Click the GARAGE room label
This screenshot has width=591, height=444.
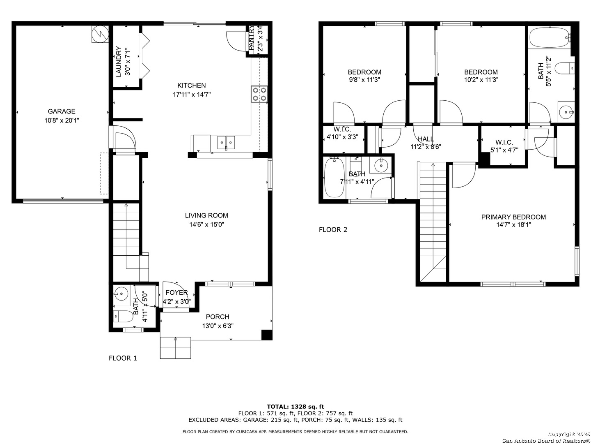pyautogui.click(x=62, y=111)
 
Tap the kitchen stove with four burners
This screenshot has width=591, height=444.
pyautogui.click(x=259, y=94)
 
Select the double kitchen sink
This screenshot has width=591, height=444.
pyautogui.click(x=226, y=143)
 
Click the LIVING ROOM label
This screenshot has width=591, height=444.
pyautogui.click(x=206, y=215)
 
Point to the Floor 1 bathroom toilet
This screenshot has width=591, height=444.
pyautogui.click(x=124, y=317)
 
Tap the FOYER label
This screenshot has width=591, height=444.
pyautogui.click(x=176, y=293)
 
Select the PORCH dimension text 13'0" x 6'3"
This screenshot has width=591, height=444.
pyautogui.click(x=218, y=326)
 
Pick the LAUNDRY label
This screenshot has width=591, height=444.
pyautogui.click(x=119, y=62)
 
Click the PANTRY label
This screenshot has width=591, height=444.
pyautogui.click(x=251, y=39)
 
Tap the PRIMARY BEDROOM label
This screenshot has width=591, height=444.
pyautogui.click(x=513, y=217)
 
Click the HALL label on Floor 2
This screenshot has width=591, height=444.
pyautogui.click(x=426, y=139)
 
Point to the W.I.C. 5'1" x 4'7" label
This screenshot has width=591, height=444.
pyautogui.click(x=504, y=143)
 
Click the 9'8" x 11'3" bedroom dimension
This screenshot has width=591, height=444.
pyautogui.click(x=364, y=80)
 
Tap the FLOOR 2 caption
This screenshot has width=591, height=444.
pyautogui.click(x=333, y=230)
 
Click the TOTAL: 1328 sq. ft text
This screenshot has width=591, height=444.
pyautogui.click(x=295, y=407)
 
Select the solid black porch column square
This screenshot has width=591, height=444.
pyautogui.click(x=267, y=335)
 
